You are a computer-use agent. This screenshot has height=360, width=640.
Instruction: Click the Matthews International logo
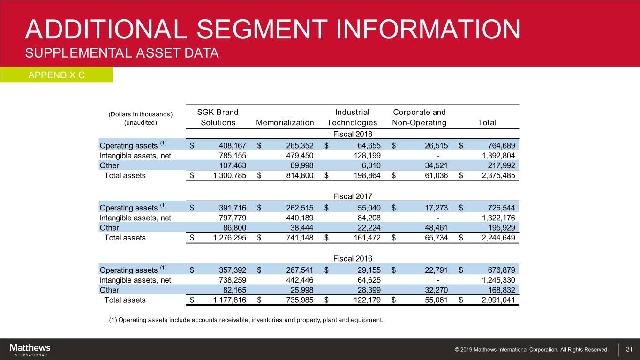point(30,350)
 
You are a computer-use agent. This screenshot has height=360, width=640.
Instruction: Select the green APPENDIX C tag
point(56,75)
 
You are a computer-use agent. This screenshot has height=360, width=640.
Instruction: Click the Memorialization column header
point(285,123)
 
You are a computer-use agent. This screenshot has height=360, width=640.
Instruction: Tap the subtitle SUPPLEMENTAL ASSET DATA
point(122,53)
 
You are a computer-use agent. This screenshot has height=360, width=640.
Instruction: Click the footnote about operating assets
point(246,320)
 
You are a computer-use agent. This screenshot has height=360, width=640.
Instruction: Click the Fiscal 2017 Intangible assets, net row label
point(135,217)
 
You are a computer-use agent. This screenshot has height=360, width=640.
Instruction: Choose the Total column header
point(487,123)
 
